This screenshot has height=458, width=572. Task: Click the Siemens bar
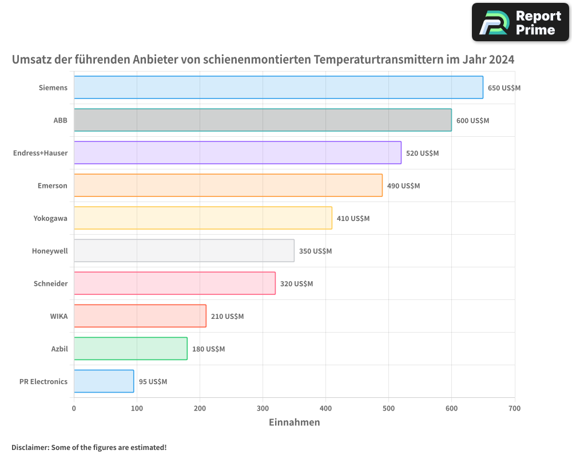point(278,88)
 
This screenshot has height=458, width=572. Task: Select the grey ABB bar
point(263,120)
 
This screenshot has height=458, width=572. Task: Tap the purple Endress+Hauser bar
point(237,153)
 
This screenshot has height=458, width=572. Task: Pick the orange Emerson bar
point(228,185)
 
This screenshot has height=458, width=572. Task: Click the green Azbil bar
point(130,349)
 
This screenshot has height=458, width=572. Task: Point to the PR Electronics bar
point(104,381)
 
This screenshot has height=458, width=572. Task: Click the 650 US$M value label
point(504,88)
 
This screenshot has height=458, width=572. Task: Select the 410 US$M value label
point(353,219)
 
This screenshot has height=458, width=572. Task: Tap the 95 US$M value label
point(153,382)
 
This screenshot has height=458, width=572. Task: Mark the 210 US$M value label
point(227,317)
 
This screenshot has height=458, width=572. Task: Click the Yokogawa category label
point(50,218)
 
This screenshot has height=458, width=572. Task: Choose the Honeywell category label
point(50,251)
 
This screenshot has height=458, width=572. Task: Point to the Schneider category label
point(50,283)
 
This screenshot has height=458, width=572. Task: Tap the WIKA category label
point(59,316)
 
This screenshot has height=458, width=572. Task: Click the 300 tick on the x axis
point(263,408)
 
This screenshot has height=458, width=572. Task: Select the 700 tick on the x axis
point(514,408)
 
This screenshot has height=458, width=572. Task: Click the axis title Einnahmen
point(294,423)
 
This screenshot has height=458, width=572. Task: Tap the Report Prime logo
point(520,22)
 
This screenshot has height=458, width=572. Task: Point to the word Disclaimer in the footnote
point(30,448)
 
